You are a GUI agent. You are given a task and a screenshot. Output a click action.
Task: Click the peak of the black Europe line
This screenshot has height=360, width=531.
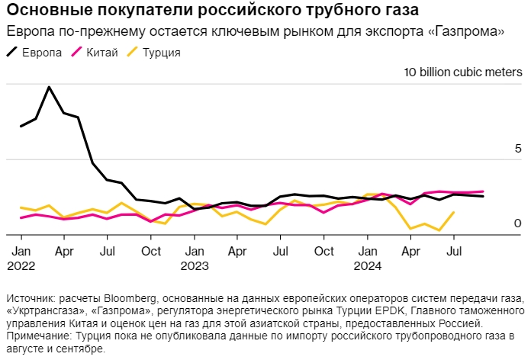coord(50,87)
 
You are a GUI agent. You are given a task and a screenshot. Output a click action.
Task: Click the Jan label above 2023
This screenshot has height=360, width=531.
coord(195,251)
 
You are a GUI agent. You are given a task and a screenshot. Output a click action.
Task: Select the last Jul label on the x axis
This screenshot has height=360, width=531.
coord(455,251)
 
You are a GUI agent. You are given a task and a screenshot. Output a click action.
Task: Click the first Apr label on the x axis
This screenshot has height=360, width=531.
coord(64,251)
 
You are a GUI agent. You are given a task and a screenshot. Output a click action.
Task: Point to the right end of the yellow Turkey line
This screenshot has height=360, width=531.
coord(455,213)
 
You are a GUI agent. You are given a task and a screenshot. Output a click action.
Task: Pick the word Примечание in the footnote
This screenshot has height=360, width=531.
coord(37,336)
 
